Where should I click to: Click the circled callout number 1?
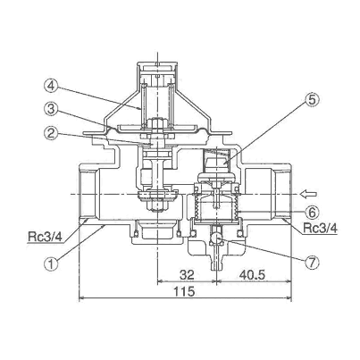coord(51,264)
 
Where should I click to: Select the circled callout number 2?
coord(51,134)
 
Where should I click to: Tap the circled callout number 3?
coord(51,110)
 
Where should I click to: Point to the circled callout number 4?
coord(51,86)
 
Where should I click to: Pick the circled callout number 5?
coord(312,100)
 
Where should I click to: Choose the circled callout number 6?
coord(312,213)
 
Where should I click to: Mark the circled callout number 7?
coord(312,263)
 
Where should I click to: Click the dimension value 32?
coord(187,274)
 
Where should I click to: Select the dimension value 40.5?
coord(252,274)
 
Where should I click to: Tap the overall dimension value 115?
coord(185,291)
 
